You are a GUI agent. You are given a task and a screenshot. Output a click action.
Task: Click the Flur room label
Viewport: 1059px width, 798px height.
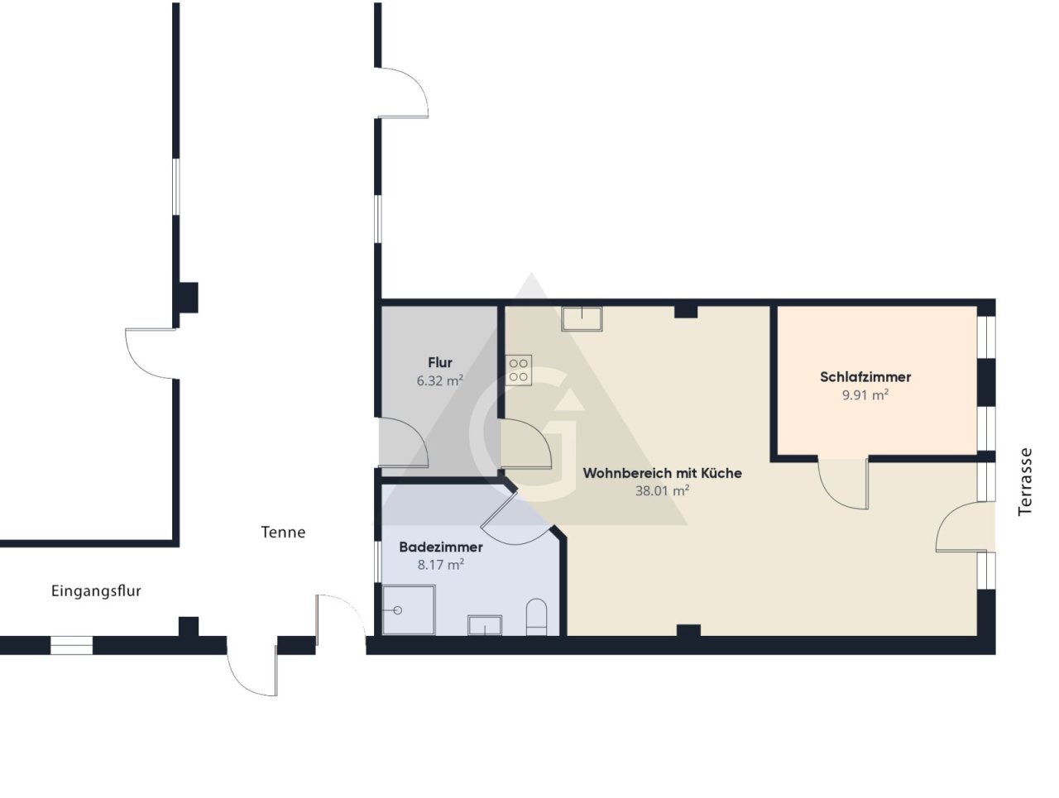point(439,362)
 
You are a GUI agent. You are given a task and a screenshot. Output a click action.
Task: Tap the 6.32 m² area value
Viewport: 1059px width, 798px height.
point(439,380)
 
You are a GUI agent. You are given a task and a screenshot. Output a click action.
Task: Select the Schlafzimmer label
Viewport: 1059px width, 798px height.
point(865,376)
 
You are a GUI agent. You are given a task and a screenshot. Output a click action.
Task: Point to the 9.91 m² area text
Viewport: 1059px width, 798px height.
point(865,395)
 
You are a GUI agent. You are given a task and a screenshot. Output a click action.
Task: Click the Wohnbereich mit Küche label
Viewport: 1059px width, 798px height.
point(662,473)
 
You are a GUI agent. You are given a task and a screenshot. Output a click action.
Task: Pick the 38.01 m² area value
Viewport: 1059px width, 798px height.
point(662,490)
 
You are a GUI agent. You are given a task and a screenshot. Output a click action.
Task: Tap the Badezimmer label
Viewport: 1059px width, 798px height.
point(440,547)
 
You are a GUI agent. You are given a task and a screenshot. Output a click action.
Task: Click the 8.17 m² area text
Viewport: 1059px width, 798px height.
point(440,564)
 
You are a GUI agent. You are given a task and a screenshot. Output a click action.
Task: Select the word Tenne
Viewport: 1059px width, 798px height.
point(283,533)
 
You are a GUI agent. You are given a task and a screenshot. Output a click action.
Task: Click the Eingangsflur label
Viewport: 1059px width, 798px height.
point(96,591)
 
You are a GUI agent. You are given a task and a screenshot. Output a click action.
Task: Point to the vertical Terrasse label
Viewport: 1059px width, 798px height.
point(1024,482)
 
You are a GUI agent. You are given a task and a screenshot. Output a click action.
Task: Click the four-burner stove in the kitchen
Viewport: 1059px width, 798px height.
point(519,370)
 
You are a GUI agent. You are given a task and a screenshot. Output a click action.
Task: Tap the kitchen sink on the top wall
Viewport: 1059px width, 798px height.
point(582,318)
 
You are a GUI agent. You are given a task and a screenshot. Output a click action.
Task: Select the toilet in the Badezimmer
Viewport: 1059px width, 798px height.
point(536,617)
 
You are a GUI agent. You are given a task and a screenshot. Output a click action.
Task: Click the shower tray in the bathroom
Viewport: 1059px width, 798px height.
point(409,610)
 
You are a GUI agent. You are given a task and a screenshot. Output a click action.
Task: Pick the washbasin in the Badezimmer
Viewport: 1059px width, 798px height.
point(484,625)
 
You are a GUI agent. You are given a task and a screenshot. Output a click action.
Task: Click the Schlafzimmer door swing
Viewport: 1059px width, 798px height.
point(843,484)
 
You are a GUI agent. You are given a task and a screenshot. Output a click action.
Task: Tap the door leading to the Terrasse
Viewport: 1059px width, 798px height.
point(964,527)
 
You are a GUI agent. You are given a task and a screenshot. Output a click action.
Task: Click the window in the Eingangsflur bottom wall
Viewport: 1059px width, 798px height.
point(71,645)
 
